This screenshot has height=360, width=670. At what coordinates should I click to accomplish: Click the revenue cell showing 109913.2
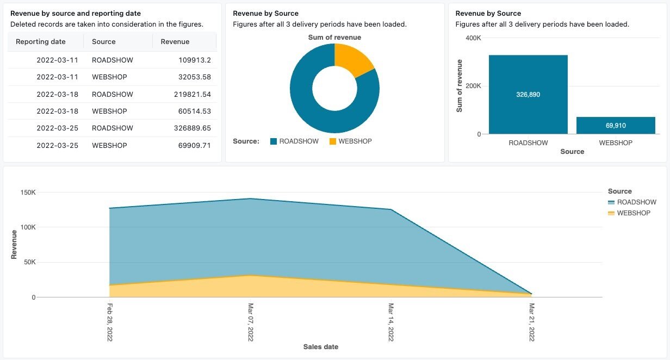[194, 60]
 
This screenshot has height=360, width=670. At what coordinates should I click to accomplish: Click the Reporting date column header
[41, 42]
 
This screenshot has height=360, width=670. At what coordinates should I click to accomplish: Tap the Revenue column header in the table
[175, 42]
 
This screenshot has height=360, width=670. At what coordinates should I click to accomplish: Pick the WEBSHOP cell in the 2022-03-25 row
[109, 146]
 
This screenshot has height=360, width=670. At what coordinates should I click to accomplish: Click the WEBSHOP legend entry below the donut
[350, 141]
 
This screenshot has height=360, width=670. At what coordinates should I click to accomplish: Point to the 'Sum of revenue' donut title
[334, 38]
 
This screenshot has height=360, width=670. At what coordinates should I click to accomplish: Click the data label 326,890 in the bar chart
[528, 95]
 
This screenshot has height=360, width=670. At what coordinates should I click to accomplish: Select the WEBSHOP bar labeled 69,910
[616, 126]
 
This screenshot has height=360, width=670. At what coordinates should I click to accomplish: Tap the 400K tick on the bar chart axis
[473, 38]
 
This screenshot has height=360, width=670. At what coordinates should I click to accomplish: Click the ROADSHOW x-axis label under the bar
[528, 143]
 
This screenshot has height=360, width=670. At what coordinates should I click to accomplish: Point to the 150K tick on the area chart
[27, 193]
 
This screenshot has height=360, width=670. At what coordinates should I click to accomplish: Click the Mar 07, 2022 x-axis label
[251, 322]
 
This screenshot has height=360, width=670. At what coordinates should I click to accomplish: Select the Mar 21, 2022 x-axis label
[532, 322]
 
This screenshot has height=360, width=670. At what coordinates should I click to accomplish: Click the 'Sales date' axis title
[320, 347]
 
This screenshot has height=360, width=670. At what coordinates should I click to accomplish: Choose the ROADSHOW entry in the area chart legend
[636, 202]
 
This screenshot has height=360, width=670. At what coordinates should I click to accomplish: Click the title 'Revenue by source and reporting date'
[76, 14]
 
